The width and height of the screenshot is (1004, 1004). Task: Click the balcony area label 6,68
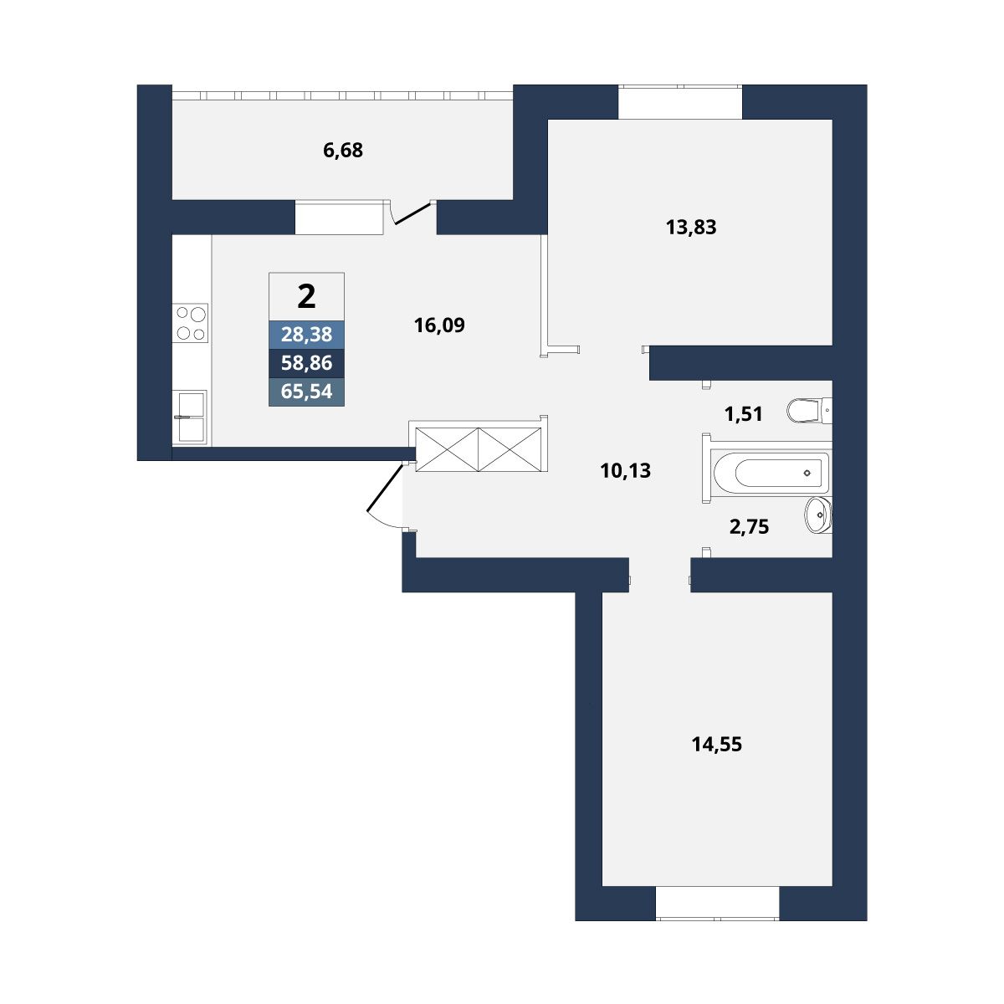tap(343, 151)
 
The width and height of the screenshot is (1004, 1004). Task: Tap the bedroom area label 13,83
tap(691, 228)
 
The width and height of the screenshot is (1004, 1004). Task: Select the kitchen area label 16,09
tap(439, 325)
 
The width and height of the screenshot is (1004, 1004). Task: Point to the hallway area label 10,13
tap(625, 471)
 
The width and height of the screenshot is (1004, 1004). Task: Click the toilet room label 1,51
tap(744, 414)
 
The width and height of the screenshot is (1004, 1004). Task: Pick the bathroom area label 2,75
tap(749, 527)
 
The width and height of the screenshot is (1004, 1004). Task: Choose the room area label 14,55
tap(716, 745)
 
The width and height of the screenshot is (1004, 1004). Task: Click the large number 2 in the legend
tap(306, 297)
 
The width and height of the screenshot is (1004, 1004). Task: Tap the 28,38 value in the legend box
tap(306, 335)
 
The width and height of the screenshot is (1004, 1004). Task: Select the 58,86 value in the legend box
tap(306, 362)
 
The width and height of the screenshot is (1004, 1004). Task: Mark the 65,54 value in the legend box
tap(306, 392)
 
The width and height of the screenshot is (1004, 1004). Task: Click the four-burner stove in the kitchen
tap(190, 323)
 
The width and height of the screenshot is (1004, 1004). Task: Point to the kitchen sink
tap(190, 417)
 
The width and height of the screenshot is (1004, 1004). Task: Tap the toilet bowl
tap(809, 411)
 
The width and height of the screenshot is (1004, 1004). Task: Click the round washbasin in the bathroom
tap(818, 515)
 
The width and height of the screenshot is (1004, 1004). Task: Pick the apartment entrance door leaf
tap(385, 488)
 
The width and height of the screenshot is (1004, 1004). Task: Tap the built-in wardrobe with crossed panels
tap(479, 449)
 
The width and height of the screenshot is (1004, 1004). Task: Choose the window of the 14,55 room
tap(717, 903)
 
